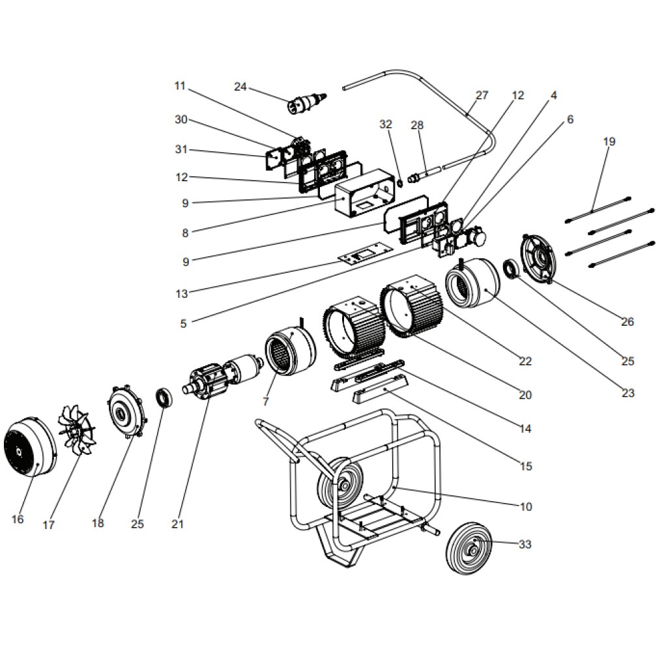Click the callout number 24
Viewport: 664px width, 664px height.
click(x=240, y=87)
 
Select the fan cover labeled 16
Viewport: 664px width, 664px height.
click(x=30, y=447)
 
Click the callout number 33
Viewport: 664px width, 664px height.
click(x=525, y=544)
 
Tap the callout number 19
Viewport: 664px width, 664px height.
click(x=609, y=141)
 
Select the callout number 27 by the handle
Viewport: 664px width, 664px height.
click(x=482, y=96)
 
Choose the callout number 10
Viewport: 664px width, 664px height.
click(x=525, y=506)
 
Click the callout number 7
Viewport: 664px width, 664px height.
click(x=266, y=402)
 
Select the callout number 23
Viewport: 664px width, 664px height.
click(x=628, y=393)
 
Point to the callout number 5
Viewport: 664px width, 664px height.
click(x=183, y=323)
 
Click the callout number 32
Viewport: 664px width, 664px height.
click(x=386, y=124)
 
